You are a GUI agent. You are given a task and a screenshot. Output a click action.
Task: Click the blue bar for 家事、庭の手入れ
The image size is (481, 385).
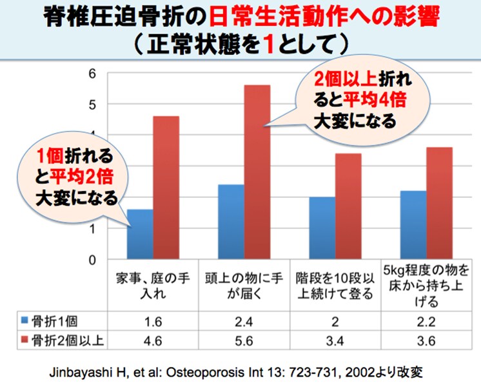click(x=140, y=235)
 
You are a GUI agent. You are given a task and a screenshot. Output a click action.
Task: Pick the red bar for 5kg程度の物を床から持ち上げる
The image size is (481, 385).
click(x=440, y=203)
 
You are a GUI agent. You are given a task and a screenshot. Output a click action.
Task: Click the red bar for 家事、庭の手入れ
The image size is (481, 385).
click(x=166, y=188)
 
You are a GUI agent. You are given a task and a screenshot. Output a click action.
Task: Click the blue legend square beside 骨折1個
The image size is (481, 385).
click(x=25, y=319)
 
